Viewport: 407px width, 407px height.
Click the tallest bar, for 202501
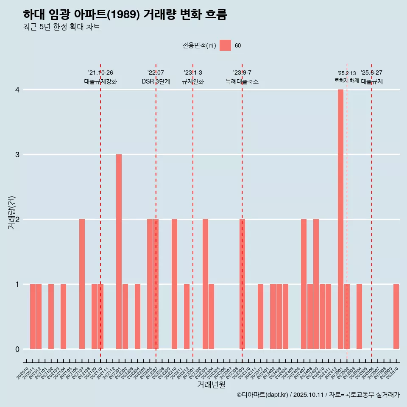(x=340, y=219)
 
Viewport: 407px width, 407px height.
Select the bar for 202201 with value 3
(x=119, y=251)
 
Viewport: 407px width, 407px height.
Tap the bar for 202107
(x=82, y=284)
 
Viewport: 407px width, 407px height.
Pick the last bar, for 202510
(x=396, y=316)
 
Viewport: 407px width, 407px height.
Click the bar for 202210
(x=174, y=284)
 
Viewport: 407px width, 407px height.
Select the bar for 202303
(x=205, y=284)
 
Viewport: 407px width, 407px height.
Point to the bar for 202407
(x=304, y=284)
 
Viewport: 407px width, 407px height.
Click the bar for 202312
(x=260, y=316)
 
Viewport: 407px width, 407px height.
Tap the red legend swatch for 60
(x=225, y=45)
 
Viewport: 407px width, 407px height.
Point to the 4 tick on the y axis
(x=17, y=90)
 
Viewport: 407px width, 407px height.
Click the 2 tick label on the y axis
(x=17, y=220)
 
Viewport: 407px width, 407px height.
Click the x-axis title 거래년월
(x=211, y=385)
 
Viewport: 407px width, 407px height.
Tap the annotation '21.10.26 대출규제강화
(x=100, y=77)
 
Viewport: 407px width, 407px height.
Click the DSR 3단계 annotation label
(x=156, y=82)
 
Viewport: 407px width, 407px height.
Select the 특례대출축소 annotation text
(x=242, y=82)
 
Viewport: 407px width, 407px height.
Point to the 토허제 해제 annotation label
(x=347, y=81)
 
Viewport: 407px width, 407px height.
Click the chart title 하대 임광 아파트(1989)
(x=125, y=14)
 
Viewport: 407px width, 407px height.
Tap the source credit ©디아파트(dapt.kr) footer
(x=318, y=395)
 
